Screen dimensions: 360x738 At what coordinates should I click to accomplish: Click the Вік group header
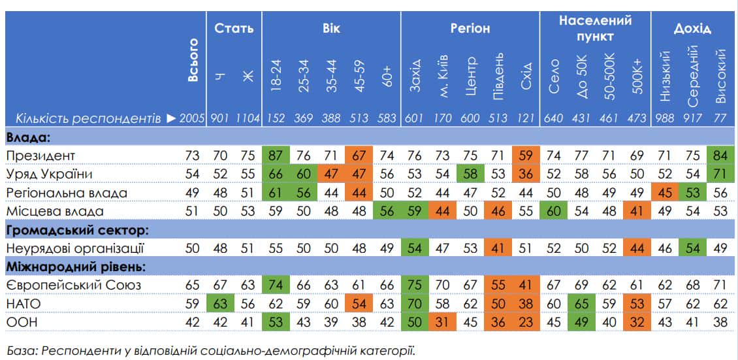(331, 29)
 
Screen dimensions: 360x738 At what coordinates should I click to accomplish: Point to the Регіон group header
(470, 29)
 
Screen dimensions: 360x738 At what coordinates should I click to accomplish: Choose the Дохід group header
(692, 29)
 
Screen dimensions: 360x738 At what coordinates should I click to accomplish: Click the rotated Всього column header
(193, 60)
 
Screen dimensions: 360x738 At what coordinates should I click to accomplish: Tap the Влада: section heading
(29, 137)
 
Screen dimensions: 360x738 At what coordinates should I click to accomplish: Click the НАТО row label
(22, 303)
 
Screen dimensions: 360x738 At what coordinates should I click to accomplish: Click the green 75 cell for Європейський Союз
(415, 285)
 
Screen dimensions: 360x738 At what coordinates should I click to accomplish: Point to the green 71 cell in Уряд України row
(721, 174)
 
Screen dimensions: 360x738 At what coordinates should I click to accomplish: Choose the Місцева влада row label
(48, 211)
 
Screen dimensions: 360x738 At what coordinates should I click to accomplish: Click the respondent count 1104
(248, 118)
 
